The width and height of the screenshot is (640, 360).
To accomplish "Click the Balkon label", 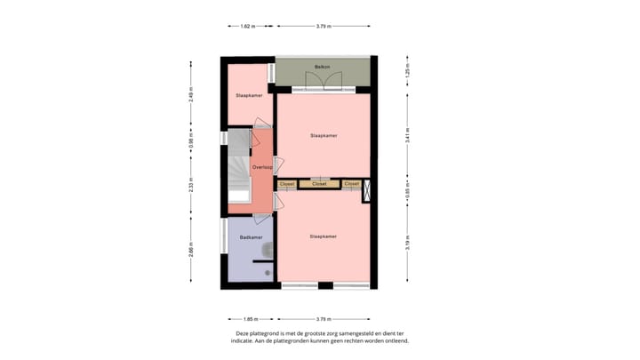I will (321, 67).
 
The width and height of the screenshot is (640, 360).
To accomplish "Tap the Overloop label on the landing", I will (261, 167).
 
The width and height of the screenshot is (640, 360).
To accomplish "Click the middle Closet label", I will (319, 184).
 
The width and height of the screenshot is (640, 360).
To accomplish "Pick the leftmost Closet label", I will (287, 184).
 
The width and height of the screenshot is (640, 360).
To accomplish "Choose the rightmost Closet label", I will (351, 184).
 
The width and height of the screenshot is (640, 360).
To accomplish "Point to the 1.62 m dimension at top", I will (247, 27).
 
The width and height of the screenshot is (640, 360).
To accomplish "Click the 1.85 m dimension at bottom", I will (250, 318).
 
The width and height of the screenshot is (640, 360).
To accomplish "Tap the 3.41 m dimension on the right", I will (407, 137).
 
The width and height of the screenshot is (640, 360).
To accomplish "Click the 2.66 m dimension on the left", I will (191, 250).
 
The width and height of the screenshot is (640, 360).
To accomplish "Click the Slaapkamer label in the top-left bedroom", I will (248, 95).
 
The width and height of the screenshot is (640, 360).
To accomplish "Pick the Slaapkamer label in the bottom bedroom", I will (323, 236).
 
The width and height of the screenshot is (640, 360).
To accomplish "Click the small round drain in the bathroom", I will (267, 273).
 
